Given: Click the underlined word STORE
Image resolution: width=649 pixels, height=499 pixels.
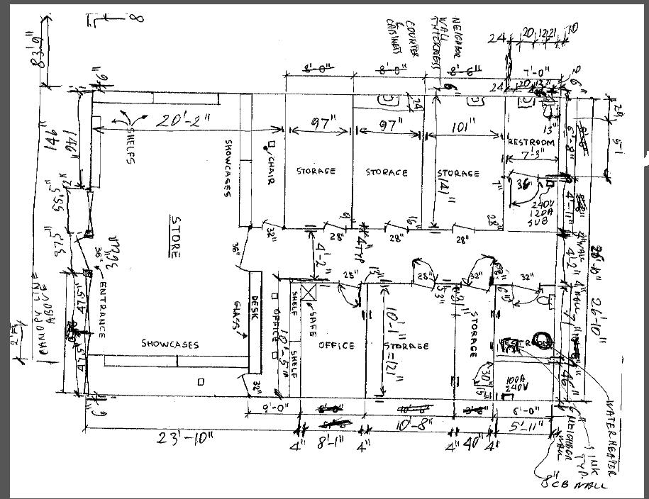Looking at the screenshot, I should (x=175, y=237).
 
